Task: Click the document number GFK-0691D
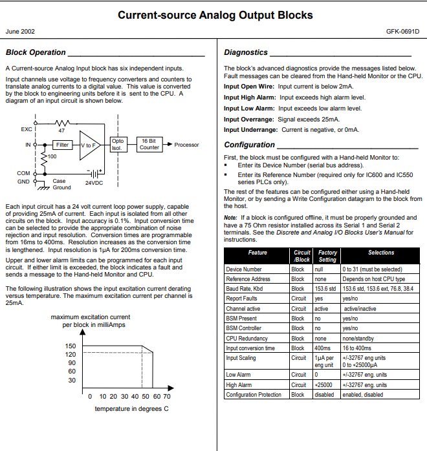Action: click(x=402, y=31)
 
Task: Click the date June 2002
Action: click(x=20, y=31)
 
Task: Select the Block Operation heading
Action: click(x=36, y=52)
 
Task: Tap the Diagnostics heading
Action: click(x=246, y=52)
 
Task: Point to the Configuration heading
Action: click(x=250, y=145)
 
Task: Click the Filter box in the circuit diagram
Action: click(x=61, y=145)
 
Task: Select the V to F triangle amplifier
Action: click(x=90, y=145)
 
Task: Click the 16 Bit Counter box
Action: click(x=149, y=143)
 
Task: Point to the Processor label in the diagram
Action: click(x=187, y=145)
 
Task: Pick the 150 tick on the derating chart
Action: click(x=70, y=346)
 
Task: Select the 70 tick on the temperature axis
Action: click(x=166, y=396)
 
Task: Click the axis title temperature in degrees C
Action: click(x=131, y=409)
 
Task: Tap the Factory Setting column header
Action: click(x=327, y=256)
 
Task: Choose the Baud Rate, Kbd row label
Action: click(x=246, y=288)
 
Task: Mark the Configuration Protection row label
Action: click(x=253, y=395)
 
